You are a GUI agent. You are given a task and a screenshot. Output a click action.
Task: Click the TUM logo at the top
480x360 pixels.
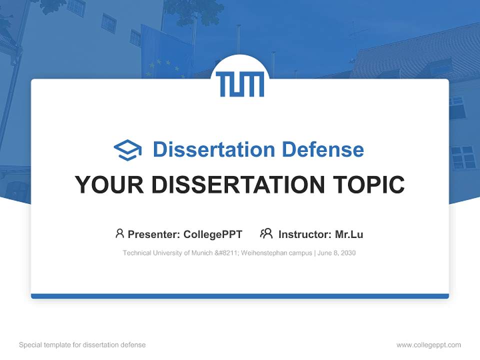point(240,84)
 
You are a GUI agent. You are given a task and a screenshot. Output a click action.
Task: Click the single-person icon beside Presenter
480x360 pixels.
point(119,233)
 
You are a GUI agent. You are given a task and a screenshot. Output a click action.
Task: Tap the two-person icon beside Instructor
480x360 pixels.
point(266,233)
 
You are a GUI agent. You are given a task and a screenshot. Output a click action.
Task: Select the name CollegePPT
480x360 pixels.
point(212,234)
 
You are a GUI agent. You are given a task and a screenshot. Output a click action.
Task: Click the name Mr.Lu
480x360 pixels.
point(349,234)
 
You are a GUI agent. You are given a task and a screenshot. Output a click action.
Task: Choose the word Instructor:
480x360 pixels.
point(304,234)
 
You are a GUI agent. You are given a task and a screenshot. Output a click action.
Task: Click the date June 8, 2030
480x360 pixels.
point(336,253)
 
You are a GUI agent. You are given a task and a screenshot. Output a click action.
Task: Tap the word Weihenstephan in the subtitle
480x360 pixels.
point(260,253)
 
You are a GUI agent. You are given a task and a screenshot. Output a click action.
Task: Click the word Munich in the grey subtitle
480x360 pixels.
point(201,253)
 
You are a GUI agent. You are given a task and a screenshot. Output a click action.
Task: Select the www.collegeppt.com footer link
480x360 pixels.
point(428,345)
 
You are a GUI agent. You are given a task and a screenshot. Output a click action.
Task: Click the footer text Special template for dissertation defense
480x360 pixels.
point(82,345)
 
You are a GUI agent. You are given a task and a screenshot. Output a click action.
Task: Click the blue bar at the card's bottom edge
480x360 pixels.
point(240,296)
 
